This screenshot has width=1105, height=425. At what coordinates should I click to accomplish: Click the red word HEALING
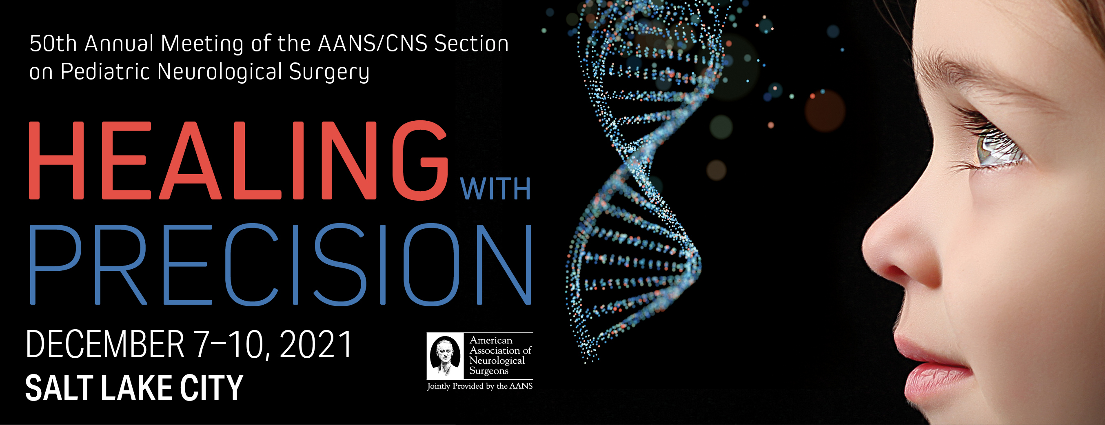[x=238, y=160]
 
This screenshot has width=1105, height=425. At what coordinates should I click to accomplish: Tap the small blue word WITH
[x=495, y=189]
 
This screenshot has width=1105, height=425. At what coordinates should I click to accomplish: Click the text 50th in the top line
[x=53, y=44]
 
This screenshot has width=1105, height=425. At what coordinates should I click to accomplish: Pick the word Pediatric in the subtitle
[x=107, y=71]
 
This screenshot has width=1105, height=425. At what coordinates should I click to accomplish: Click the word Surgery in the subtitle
[x=329, y=72]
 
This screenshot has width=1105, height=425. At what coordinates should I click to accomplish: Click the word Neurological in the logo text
[x=497, y=361]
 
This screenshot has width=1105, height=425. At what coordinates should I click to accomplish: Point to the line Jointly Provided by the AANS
[x=479, y=386]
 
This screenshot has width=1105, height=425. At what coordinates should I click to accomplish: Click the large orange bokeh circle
[x=824, y=111]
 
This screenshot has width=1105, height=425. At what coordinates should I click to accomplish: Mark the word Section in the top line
[x=471, y=44]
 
